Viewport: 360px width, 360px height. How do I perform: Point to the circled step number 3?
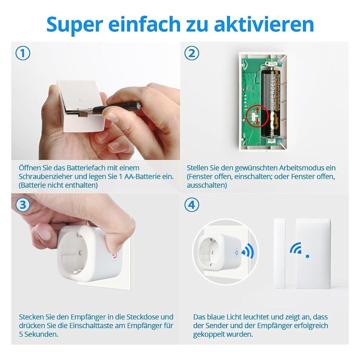tap(23, 204)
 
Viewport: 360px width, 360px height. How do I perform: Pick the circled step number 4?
tap(192, 204)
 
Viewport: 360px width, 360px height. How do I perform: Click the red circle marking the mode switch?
tap(257, 116)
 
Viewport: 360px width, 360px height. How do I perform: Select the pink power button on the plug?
tap(114, 256)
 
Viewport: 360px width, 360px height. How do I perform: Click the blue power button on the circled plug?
tap(236, 253)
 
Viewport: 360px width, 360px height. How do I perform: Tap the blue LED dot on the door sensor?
tap(308, 256)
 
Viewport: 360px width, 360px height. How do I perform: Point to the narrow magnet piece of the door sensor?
tap(280, 253)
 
